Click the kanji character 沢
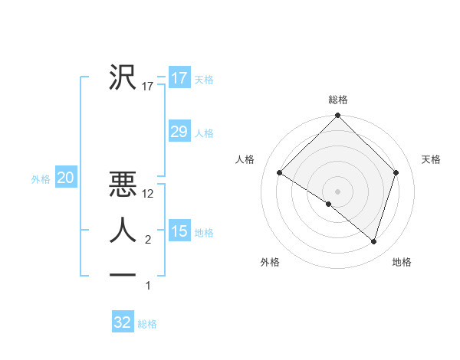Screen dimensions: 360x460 [x=123, y=77]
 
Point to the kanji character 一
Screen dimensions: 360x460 [x=123, y=274]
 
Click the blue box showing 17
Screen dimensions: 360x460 [x=179, y=78]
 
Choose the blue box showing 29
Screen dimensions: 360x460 [x=179, y=132]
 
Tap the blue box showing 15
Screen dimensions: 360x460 [x=179, y=231]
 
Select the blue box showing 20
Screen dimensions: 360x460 [x=65, y=178]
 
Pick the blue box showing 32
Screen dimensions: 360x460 [x=123, y=322]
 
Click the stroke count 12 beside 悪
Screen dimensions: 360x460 [x=149, y=194]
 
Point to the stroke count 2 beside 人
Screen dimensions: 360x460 [x=148, y=240]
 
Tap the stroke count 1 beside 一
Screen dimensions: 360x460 [x=148, y=286]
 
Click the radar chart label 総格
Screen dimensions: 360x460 [x=338, y=100]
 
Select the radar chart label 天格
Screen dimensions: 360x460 [x=431, y=159]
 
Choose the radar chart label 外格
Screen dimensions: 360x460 [x=270, y=262]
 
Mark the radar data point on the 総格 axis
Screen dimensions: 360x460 [x=338, y=116]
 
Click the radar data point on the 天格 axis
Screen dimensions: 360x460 [x=396, y=173]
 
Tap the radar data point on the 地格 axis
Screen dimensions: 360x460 [x=374, y=242]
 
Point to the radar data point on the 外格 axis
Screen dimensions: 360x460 [x=329, y=205]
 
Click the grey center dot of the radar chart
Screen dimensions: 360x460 [x=338, y=191]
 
